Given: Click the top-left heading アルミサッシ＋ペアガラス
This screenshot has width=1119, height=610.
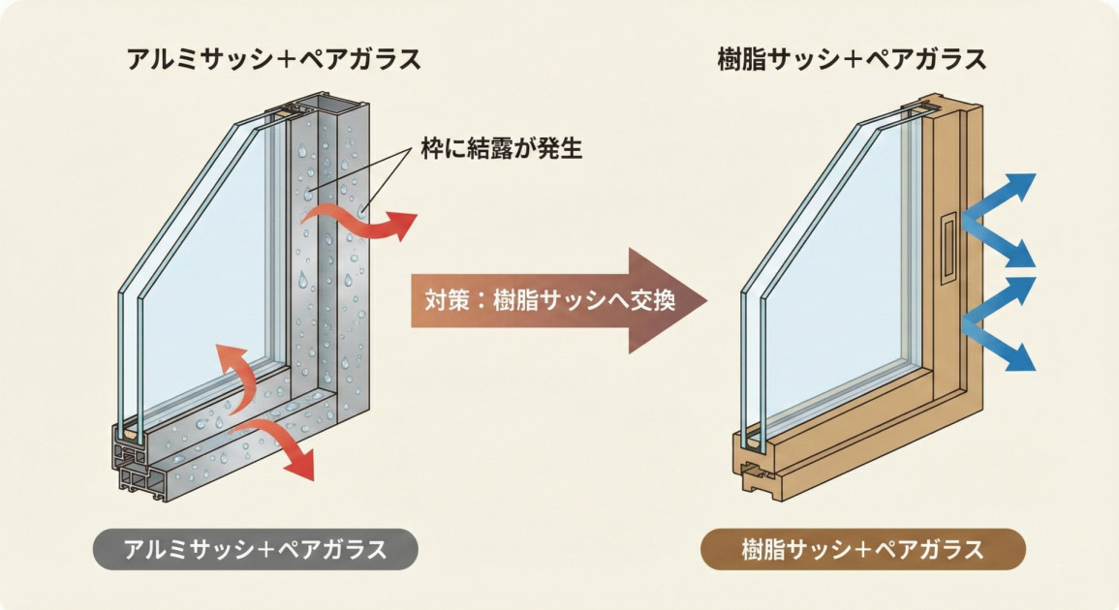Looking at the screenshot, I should (274, 59).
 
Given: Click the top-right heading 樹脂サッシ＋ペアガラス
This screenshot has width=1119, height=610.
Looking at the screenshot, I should (852, 59).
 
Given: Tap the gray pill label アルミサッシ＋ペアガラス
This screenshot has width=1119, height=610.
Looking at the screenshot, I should (256, 549).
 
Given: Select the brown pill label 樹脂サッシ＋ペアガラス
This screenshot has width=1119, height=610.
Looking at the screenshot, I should (861, 549).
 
